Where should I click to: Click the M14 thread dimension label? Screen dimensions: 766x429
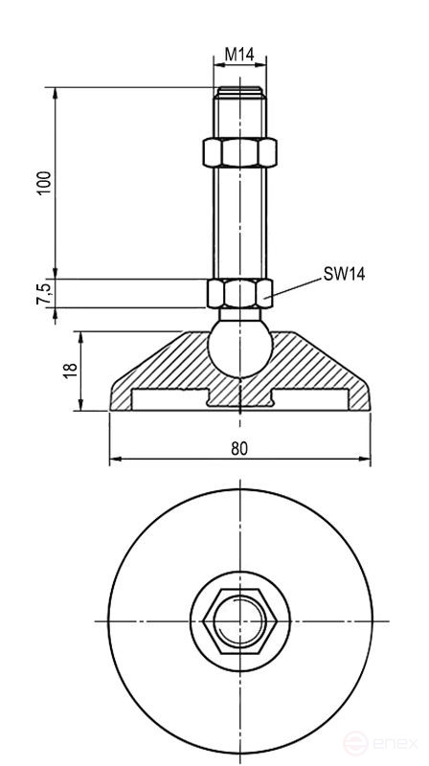pyautogui.click(x=239, y=56)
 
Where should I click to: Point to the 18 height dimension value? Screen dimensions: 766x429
pyautogui.click(x=69, y=371)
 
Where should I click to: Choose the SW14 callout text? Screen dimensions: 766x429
pyautogui.click(x=344, y=274)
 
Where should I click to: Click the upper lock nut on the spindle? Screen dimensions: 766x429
pyautogui.click(x=239, y=152)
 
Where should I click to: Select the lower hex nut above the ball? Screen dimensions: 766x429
pyautogui.click(x=239, y=293)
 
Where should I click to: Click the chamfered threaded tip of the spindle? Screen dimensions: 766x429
pyautogui.click(x=239, y=94)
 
